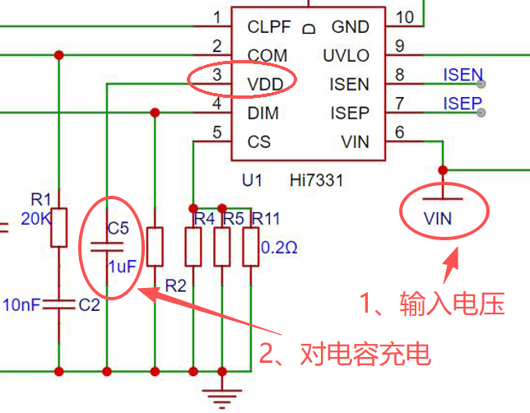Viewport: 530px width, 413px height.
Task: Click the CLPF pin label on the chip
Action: (x=269, y=27)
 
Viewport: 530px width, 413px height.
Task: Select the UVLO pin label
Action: (x=346, y=56)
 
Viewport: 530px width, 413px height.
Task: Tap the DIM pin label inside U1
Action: (x=263, y=114)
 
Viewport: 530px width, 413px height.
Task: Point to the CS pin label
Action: (x=259, y=142)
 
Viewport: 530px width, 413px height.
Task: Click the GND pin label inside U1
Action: (x=351, y=27)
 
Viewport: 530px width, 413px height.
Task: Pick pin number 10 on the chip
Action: (x=405, y=17)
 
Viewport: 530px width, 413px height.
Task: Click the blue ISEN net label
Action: (x=463, y=75)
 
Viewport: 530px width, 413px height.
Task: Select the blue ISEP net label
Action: (x=463, y=104)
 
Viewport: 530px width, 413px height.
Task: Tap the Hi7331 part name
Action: (x=316, y=180)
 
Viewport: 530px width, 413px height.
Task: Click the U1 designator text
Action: (x=252, y=180)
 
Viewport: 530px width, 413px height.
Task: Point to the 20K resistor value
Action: (x=36, y=219)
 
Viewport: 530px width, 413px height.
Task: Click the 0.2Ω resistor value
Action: (x=279, y=248)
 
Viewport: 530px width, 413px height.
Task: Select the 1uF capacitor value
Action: (x=122, y=267)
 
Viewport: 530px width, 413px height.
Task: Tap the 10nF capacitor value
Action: (x=21, y=305)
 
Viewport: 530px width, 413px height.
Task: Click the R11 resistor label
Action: (x=266, y=219)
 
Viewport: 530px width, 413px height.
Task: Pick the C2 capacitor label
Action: (x=89, y=305)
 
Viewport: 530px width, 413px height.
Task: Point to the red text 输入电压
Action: (x=453, y=304)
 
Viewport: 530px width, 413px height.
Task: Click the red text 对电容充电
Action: (x=365, y=354)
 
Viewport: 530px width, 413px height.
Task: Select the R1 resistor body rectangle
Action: (x=58, y=227)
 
